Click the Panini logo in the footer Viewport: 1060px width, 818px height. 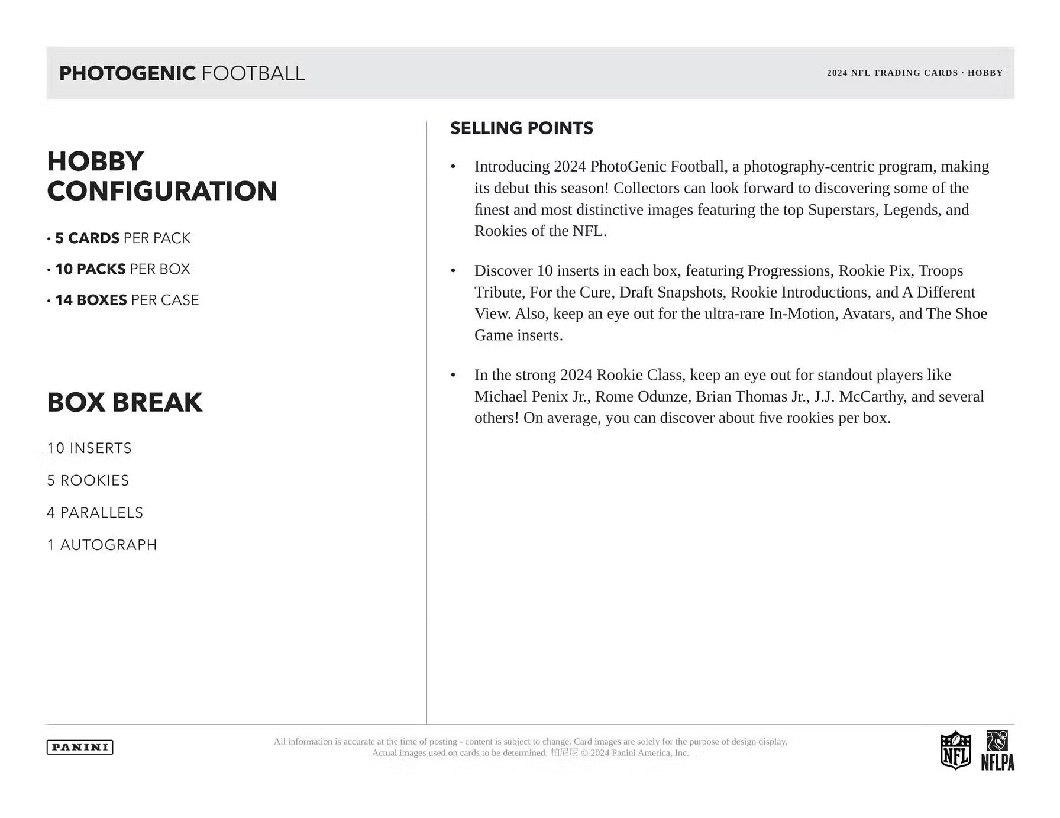pos(80,747)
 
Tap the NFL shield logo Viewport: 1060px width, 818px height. pos(955,750)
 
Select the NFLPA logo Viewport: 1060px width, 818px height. pos(997,751)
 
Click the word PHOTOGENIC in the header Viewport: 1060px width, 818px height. pos(127,73)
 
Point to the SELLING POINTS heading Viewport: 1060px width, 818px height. pos(521,128)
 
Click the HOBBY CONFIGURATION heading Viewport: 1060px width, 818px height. pos(161,176)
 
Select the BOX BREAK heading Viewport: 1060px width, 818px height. pos(124,403)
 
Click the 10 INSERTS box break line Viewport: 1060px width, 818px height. pos(89,448)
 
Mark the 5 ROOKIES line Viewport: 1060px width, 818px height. pos(88,480)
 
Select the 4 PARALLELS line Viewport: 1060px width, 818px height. pos(95,513)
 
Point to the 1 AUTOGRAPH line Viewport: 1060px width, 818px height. pos(102,545)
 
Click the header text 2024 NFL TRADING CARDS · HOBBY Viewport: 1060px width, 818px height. pos(914,73)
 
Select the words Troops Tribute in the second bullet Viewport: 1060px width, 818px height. pos(941,271)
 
